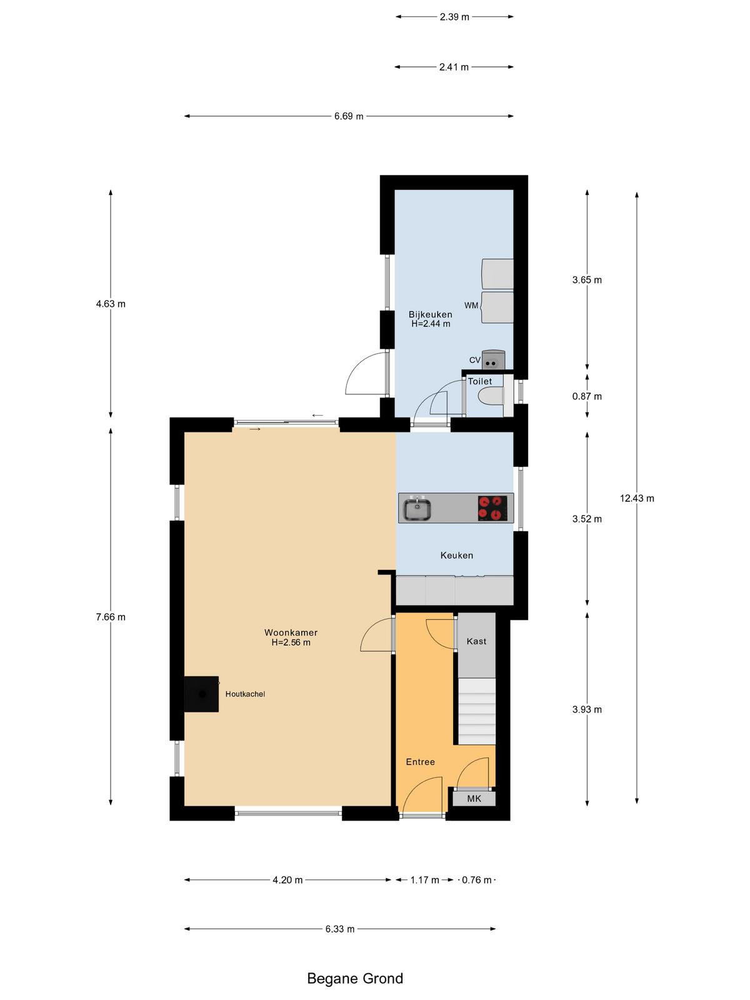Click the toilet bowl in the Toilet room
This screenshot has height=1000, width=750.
[491, 396]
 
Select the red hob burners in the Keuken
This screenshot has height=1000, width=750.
[492, 508]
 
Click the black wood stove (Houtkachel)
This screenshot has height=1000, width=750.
[201, 694]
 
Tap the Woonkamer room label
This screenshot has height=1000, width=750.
[291, 632]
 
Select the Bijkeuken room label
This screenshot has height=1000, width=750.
[431, 314]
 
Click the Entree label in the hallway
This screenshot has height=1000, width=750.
[420, 762]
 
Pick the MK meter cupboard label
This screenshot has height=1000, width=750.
[474, 799]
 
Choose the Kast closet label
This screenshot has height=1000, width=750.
[476, 641]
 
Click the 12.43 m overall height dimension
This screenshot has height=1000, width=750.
[637, 498]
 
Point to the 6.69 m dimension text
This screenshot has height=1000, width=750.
[349, 116]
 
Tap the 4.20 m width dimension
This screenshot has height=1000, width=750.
[287, 880]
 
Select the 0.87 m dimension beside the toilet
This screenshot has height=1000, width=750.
[587, 396]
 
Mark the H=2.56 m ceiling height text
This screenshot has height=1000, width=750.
[291, 642]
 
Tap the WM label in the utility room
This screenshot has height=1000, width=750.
[471, 305]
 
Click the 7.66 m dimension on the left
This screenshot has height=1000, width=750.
[111, 617]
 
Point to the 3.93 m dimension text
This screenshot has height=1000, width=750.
[587, 709]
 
